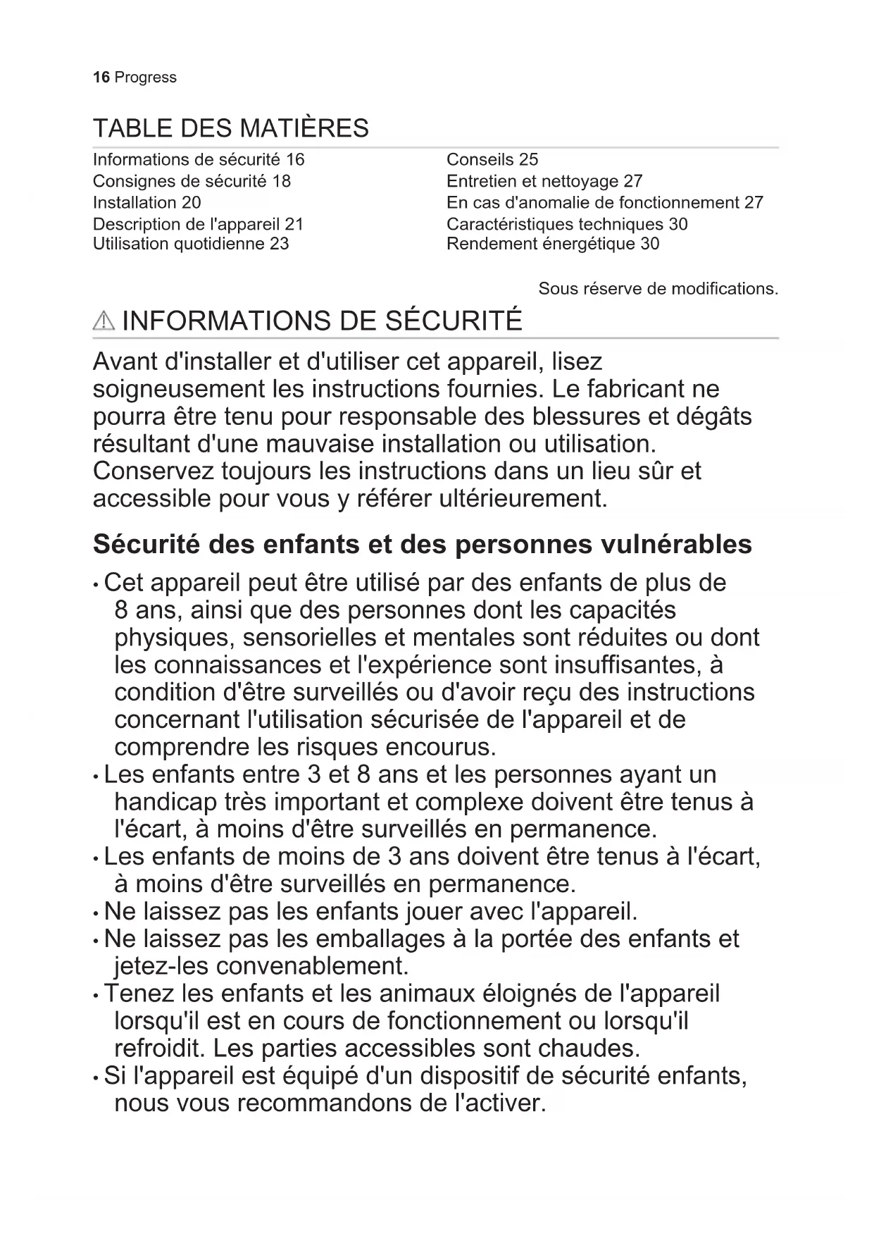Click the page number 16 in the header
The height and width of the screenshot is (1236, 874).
click(x=101, y=78)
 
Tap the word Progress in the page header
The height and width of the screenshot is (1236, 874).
click(x=145, y=78)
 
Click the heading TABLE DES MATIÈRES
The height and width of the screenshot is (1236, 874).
click(x=230, y=128)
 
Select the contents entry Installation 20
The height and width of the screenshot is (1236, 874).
click(x=146, y=203)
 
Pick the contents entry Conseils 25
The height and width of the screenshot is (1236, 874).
click(x=492, y=160)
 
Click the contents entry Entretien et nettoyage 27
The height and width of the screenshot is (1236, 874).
click(x=544, y=182)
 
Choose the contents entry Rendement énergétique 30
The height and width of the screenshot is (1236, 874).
click(x=552, y=244)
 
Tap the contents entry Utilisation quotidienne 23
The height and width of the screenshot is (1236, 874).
click(x=190, y=244)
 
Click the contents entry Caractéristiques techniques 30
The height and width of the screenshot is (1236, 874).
click(x=566, y=224)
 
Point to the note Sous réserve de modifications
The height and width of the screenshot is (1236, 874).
click(x=658, y=289)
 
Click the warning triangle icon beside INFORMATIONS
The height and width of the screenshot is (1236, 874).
click(x=104, y=321)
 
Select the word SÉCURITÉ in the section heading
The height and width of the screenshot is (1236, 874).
click(x=454, y=321)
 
